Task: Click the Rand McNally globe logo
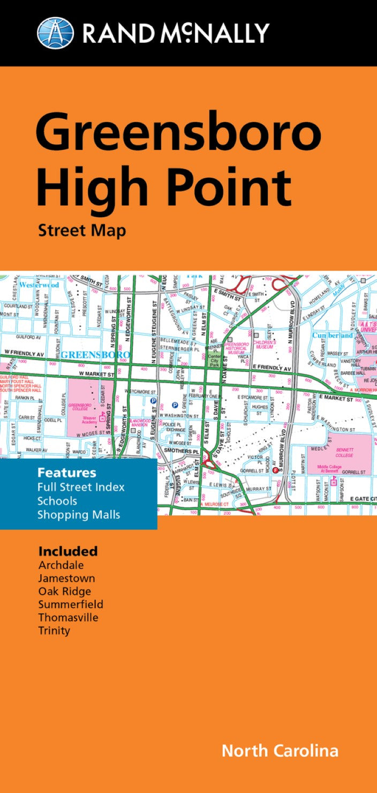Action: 56,32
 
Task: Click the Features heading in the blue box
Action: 66,472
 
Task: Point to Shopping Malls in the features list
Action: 79,515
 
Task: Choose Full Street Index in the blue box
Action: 81,487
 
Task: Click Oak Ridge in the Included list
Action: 64,591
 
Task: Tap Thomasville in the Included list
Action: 68,617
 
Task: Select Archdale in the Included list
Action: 61,565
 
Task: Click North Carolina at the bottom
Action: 280,750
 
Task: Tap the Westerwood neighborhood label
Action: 39,285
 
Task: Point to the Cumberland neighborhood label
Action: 333,335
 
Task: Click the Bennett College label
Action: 344,452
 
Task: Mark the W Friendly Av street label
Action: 24,353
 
